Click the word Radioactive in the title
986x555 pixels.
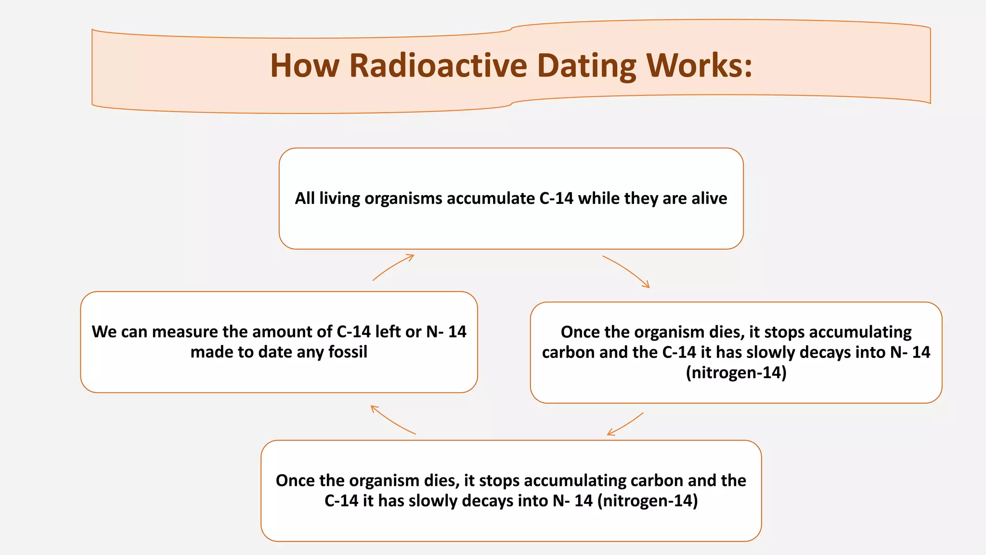click(x=438, y=66)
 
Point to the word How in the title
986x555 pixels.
click(x=305, y=66)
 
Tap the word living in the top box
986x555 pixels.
click(x=339, y=198)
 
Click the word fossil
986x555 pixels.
click(x=348, y=352)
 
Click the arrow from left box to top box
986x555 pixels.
click(x=393, y=267)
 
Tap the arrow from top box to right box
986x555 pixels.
click(x=626, y=271)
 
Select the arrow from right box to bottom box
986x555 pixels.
click(x=625, y=424)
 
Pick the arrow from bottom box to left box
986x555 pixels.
click(x=392, y=420)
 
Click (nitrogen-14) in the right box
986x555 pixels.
click(x=736, y=372)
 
